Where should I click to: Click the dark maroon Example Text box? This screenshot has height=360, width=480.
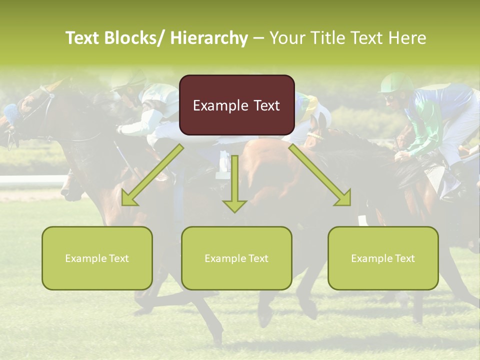pos(236,105)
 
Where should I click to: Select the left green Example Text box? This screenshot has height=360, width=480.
pos(97,258)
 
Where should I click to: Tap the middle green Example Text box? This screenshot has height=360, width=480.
pos(236,258)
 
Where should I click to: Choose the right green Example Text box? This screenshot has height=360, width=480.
pos(383,258)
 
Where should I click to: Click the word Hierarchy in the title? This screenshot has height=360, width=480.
pos(209,38)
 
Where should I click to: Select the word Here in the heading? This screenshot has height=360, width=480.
pos(408,38)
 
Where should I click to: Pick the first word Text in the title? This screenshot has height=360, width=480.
pos(83,38)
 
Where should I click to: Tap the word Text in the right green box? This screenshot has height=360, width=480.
pos(404,258)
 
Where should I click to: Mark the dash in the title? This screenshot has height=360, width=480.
pos(259,38)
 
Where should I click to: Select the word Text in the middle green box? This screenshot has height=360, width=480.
pos(258,258)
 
